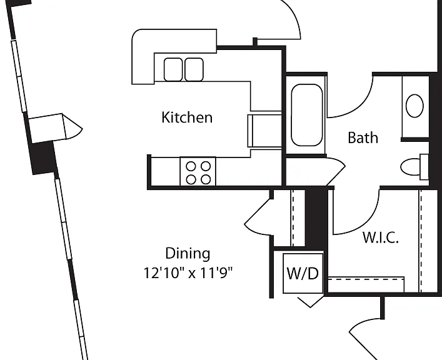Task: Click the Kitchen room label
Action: [187, 117]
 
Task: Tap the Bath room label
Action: [363, 137]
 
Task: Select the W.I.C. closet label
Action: [381, 237]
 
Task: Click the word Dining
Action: [188, 254]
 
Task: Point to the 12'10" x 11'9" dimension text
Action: [188, 272]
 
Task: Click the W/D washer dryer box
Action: [303, 273]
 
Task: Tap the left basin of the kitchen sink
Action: [173, 69]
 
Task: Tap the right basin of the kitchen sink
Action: [194, 69]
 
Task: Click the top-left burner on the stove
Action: [191, 166]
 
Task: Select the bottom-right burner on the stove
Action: [206, 179]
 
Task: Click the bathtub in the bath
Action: [307, 115]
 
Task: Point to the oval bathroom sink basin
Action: [414, 106]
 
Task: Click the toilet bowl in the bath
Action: [410, 167]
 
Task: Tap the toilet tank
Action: [424, 167]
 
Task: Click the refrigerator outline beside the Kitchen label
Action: [264, 131]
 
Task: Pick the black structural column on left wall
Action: [43, 157]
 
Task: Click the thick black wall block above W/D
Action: [316, 219]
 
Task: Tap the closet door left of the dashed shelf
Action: [259, 217]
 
